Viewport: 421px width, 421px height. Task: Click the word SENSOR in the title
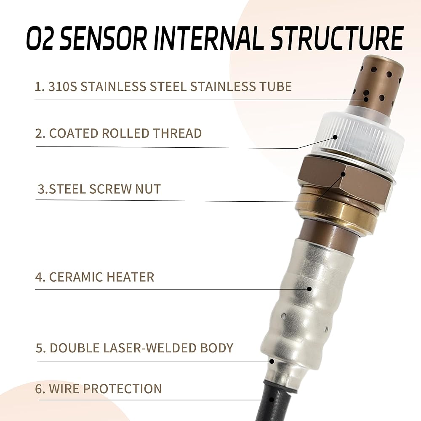coord(103,38)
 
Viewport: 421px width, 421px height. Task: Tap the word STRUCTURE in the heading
coord(337,38)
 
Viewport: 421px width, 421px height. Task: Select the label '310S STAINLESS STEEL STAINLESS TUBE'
coord(163,86)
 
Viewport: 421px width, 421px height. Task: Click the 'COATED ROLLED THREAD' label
coord(118,133)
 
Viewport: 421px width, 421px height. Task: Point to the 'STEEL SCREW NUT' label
coord(99,189)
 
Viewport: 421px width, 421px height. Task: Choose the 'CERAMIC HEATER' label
coord(95,277)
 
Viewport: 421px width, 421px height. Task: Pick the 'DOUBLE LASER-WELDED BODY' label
coord(135,348)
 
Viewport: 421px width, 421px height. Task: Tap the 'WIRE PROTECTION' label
coord(99,389)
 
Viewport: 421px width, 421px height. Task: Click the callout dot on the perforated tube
coord(366,99)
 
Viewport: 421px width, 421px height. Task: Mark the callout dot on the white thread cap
coord(335,137)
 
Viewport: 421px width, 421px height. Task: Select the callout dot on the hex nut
coord(343,174)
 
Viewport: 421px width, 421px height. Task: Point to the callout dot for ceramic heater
coord(309,289)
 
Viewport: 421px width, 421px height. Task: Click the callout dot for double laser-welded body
coord(272,361)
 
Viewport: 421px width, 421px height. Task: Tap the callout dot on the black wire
coord(272,400)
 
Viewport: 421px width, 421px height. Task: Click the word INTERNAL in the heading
coord(209,38)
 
